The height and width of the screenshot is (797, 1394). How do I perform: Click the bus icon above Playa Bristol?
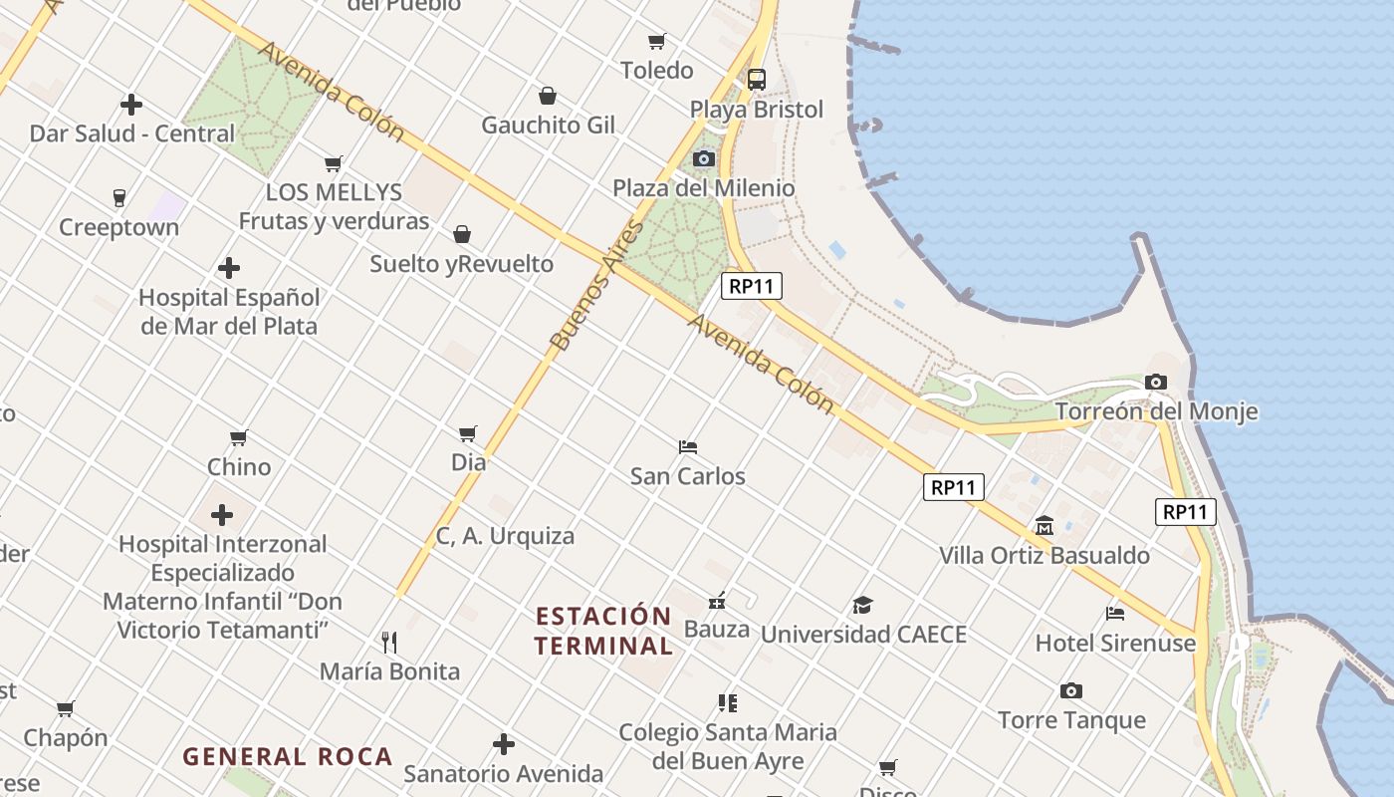coord(757,80)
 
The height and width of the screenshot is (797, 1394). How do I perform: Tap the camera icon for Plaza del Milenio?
coord(704,158)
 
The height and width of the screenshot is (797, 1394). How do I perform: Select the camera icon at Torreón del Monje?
coord(1156,382)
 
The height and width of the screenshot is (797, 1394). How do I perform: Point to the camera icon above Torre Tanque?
coord(1071,690)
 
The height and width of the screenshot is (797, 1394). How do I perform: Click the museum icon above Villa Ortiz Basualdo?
coord(1045,525)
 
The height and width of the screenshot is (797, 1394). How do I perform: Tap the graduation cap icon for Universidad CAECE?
coord(862,605)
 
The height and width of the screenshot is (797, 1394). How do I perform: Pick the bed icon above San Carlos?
coord(687,446)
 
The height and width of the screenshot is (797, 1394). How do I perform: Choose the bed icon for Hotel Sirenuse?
coord(1115,613)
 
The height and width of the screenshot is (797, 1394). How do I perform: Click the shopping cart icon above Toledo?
coord(656,41)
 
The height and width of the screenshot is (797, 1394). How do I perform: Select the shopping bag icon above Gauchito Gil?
coord(547,96)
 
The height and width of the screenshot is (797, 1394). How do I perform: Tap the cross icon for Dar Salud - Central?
coord(131,104)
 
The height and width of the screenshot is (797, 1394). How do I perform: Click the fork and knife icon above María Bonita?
coord(389,642)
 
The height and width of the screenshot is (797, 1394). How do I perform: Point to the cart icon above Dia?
coord(468,433)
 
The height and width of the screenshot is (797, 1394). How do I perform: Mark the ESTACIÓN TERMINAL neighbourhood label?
coord(603,631)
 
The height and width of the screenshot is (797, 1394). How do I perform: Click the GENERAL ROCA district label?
coord(288,757)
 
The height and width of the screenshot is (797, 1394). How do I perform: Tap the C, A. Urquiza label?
coord(505,536)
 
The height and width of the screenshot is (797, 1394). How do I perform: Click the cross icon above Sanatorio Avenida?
coord(504,744)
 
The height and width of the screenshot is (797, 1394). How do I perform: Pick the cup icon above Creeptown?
coord(119,197)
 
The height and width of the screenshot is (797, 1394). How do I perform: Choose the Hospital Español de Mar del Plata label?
coord(229,312)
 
